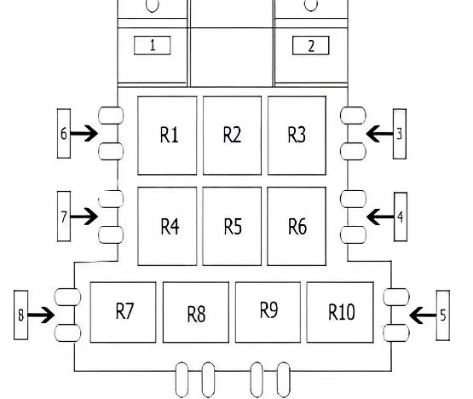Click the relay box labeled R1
(167, 136)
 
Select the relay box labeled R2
(232, 136)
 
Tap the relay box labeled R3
(297, 136)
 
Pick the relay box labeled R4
(167, 227)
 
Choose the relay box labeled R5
(232, 227)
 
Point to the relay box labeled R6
(297, 227)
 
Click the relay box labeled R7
(123, 312)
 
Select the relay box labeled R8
(196, 312)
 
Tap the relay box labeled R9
(268, 312)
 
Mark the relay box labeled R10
(340, 312)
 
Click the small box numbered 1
(153, 45)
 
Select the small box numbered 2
(311, 45)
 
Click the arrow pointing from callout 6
(84, 133)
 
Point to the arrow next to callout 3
(380, 133)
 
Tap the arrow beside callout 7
(84, 217)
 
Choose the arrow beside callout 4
(380, 217)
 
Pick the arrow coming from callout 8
(41, 315)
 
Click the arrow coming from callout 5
(423, 315)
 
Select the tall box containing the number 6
(64, 133)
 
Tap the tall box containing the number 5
(443, 315)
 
